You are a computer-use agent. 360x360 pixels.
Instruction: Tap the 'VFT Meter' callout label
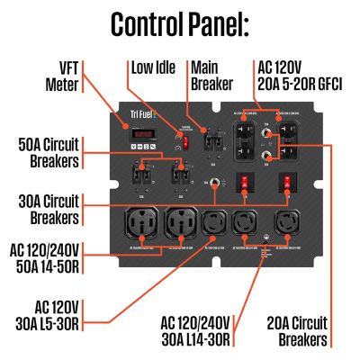tap(60, 78)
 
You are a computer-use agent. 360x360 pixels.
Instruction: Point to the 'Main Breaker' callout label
tap(211, 76)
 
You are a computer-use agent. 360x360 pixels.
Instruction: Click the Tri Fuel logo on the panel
tap(140, 124)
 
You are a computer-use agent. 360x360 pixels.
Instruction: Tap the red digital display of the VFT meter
tap(141, 136)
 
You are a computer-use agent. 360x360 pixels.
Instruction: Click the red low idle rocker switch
tap(185, 141)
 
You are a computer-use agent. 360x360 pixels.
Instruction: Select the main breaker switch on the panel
tap(214, 141)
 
